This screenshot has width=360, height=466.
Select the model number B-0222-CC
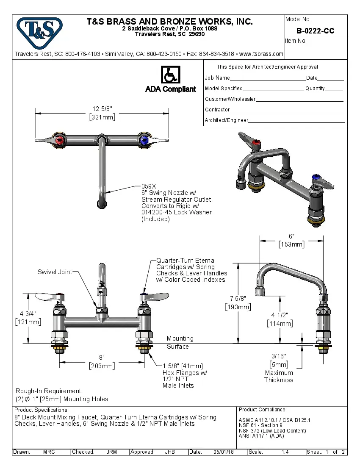(315, 31)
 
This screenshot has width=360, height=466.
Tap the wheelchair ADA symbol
(170, 75)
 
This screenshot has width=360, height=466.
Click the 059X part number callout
(149, 186)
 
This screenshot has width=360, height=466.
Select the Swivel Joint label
(55, 272)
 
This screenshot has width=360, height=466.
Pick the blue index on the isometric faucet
(315, 177)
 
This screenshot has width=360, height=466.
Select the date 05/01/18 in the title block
(223, 452)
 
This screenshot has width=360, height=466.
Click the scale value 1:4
(285, 452)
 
